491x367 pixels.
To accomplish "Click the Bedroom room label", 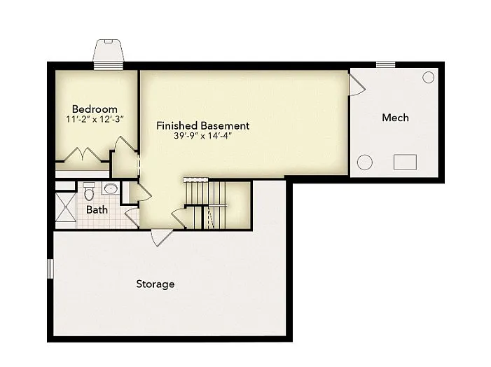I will [95, 109].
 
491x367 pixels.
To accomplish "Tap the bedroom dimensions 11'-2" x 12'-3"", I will [95, 120].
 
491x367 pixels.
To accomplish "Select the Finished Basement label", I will [202, 126].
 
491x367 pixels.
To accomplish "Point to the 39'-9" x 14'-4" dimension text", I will [202, 137].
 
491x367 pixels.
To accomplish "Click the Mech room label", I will [395, 118].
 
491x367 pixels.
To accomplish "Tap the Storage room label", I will [155, 284].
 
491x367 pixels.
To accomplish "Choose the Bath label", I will [97, 209].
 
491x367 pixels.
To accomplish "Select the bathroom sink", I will [110, 189].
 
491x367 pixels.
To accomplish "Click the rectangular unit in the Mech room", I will [405, 162].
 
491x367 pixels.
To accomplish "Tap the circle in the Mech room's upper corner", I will [428, 78].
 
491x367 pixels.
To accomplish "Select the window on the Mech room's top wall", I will [385, 65].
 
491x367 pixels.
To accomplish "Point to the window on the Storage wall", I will [50, 268].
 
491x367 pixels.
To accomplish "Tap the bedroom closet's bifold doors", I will [83, 155].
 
